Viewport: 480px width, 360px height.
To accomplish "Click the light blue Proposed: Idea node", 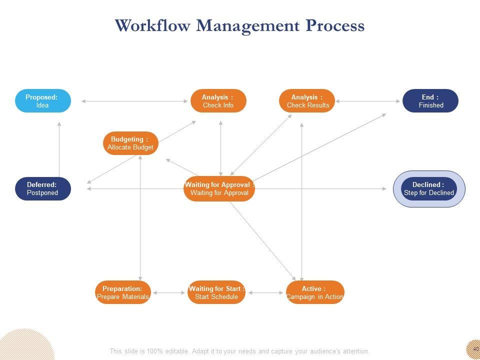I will [x=42, y=101].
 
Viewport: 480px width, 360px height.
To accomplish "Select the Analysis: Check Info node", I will [x=218, y=101].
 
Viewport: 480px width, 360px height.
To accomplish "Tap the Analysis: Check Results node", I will [x=307, y=101].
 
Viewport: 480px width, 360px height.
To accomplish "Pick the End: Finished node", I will [x=430, y=101].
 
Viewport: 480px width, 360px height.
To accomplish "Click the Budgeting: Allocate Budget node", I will [x=130, y=143].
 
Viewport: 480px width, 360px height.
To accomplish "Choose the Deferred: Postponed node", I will [x=42, y=188].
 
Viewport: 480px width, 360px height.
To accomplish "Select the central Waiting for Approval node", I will [x=219, y=188].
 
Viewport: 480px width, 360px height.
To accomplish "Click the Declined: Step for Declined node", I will [x=429, y=188].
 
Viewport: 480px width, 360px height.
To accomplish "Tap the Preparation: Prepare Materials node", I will [x=122, y=292].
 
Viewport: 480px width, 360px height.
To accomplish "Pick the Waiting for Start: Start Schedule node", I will [x=216, y=292].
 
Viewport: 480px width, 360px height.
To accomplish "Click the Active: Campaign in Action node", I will [x=315, y=292].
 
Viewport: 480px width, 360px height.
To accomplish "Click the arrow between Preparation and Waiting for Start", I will [x=169, y=292].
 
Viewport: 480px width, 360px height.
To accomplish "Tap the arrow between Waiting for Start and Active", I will [x=266, y=292].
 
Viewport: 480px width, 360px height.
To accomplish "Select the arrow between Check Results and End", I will [x=368, y=101].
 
